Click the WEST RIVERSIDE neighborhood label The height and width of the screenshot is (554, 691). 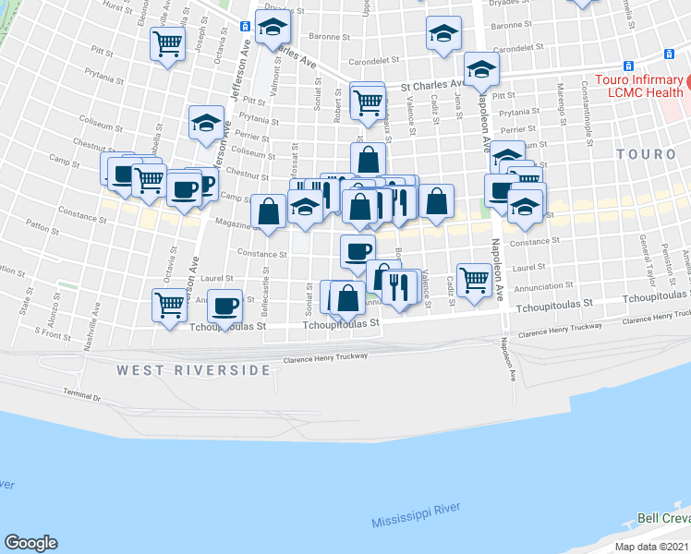pos(194,370)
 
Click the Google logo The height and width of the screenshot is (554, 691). pos(30,543)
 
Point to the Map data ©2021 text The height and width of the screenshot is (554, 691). pos(652,547)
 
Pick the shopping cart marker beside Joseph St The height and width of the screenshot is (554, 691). pos(168,42)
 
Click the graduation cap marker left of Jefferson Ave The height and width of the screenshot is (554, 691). pos(206,123)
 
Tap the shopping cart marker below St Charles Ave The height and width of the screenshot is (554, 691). pos(368,99)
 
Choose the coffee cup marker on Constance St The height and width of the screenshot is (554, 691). pos(358,249)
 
